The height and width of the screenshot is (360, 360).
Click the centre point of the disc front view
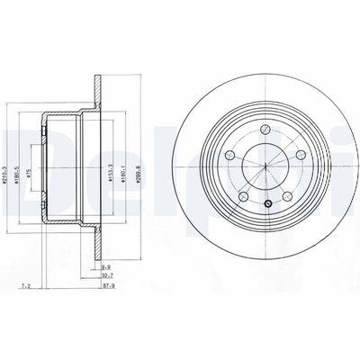click(x=267, y=166)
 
